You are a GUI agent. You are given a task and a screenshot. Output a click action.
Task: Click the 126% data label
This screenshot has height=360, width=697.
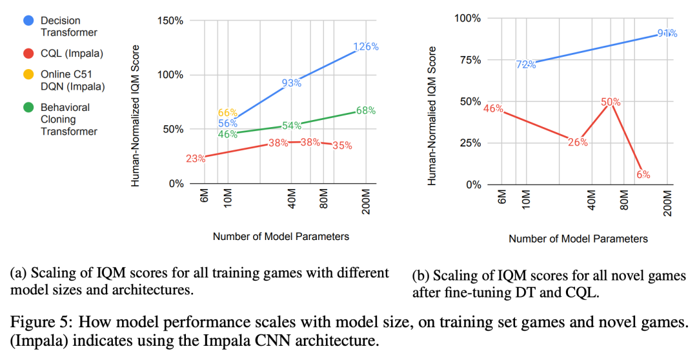pyautogui.click(x=365, y=47)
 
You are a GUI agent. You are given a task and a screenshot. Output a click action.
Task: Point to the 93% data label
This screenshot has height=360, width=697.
pyautogui.click(x=292, y=83)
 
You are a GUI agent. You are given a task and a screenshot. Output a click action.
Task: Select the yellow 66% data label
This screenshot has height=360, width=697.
pyautogui.click(x=228, y=113)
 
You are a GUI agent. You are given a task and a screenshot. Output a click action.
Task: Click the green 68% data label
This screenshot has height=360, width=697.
pyautogui.click(x=365, y=110)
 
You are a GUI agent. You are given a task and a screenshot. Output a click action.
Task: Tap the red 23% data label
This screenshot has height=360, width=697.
pyautogui.click(x=196, y=159)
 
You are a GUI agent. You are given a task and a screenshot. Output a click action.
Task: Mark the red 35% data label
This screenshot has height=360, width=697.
pyautogui.click(x=342, y=146)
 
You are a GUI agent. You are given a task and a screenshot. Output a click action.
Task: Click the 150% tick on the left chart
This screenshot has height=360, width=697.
pyautogui.click(x=170, y=21)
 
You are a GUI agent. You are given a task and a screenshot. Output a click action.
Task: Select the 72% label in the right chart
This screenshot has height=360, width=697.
pyautogui.click(x=525, y=65)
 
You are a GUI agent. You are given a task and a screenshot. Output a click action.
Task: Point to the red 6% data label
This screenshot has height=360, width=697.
pyautogui.click(x=643, y=174)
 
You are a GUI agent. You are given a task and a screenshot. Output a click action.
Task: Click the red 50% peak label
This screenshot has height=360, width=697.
pyautogui.click(x=610, y=102)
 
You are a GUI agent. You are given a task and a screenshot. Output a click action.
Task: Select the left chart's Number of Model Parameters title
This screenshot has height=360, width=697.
pyautogui.click(x=281, y=236)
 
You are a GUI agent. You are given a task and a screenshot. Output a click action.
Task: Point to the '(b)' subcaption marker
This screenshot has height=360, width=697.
pyautogui.click(x=419, y=276)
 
